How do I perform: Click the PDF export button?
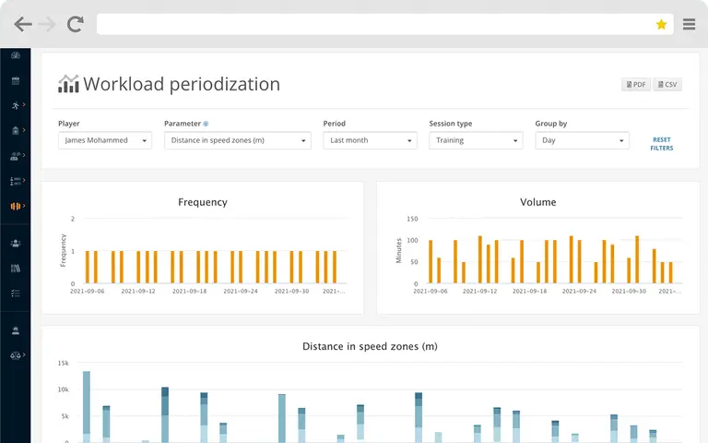pos(636,85)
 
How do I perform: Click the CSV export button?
pos(667,85)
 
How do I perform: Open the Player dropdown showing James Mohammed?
pos(105,140)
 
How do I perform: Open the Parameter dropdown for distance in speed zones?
pos(238,140)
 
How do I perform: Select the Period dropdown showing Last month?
pos(370,140)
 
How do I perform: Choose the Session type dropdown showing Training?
pos(476,140)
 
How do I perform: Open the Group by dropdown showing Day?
pos(582,140)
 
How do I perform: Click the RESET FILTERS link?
pos(662,144)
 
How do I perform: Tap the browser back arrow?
pos(22,24)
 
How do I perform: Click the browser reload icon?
pos(76,24)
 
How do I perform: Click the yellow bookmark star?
pos(662,24)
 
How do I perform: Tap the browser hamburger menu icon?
pos(689,24)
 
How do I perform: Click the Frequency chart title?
pos(203,202)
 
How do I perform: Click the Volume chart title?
pos(537,202)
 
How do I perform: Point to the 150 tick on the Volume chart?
pos(412,219)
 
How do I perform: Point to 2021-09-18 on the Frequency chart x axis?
pos(190,291)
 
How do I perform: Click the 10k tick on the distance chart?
pos(64,389)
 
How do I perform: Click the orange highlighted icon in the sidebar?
pos(16,206)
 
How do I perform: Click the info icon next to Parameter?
pos(206,124)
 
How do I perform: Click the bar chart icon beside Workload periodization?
pos(68,84)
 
